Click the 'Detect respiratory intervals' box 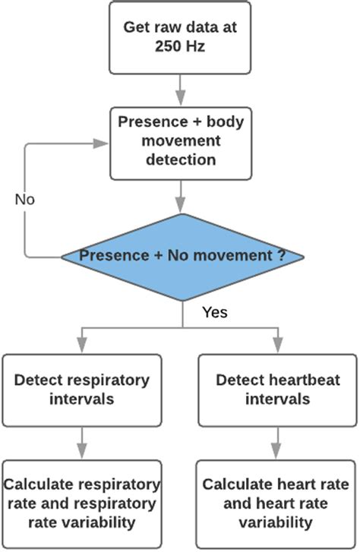[81, 388]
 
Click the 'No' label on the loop [25, 200]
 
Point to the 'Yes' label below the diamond [216, 312]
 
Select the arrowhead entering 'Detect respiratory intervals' [81, 347]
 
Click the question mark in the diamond [280, 256]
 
